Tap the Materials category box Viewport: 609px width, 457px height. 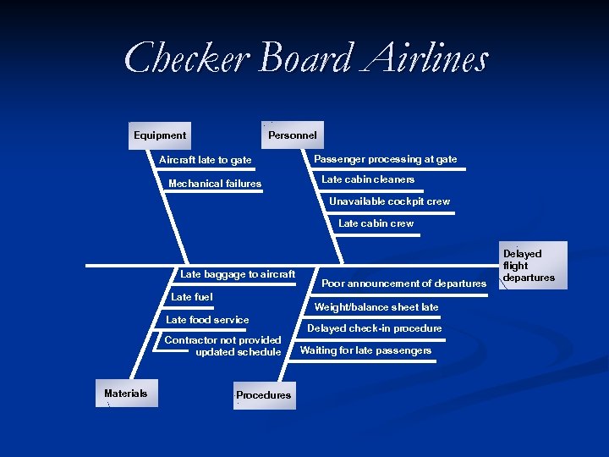[x=126, y=394]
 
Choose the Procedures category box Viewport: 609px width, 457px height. [x=264, y=395]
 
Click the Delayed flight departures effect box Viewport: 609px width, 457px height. [x=529, y=266]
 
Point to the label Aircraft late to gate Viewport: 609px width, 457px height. [x=206, y=160]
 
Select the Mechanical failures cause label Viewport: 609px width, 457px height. [x=215, y=184]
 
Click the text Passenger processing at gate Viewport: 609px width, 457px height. [x=385, y=159]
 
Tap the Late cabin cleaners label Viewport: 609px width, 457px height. [x=368, y=179]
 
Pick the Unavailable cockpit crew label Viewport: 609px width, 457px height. [x=389, y=201]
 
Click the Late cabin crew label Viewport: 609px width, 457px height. [x=376, y=223]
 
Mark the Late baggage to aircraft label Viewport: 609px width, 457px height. [x=238, y=274]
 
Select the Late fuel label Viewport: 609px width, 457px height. [x=192, y=297]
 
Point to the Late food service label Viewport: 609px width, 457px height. [x=207, y=320]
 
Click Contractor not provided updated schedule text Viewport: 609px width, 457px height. [x=223, y=346]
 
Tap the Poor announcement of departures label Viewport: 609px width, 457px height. [x=404, y=284]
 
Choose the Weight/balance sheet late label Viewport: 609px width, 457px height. [x=376, y=307]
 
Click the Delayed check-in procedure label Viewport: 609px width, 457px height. [x=374, y=328]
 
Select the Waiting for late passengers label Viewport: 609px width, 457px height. [x=365, y=350]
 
